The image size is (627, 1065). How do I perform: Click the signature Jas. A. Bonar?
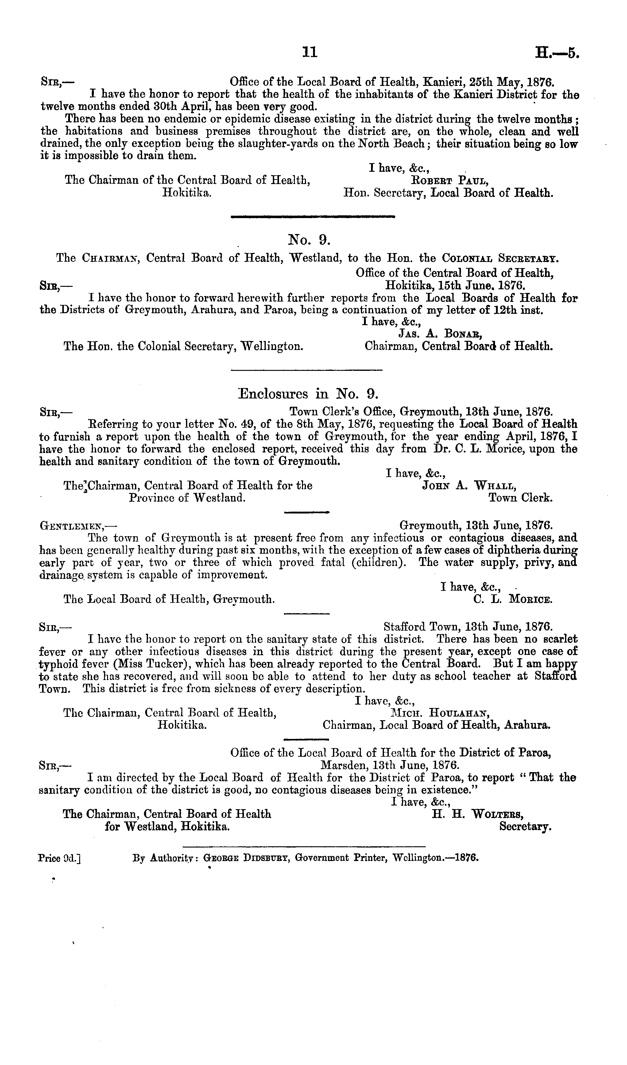[x=441, y=334]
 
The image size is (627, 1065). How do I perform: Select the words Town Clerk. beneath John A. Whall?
[x=521, y=498]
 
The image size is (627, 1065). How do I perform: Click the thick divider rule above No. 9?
[x=313, y=217]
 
